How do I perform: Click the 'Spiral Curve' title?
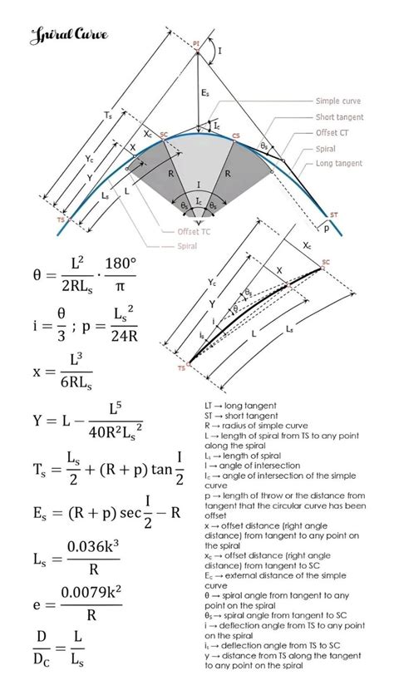(59, 35)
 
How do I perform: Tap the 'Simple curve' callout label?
(338, 101)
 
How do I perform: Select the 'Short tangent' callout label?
(337, 117)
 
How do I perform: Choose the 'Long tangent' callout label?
(339, 164)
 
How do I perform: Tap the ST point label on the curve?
(333, 214)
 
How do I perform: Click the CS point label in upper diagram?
(236, 136)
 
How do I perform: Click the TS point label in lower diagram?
(180, 367)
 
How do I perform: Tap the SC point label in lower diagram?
(325, 261)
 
